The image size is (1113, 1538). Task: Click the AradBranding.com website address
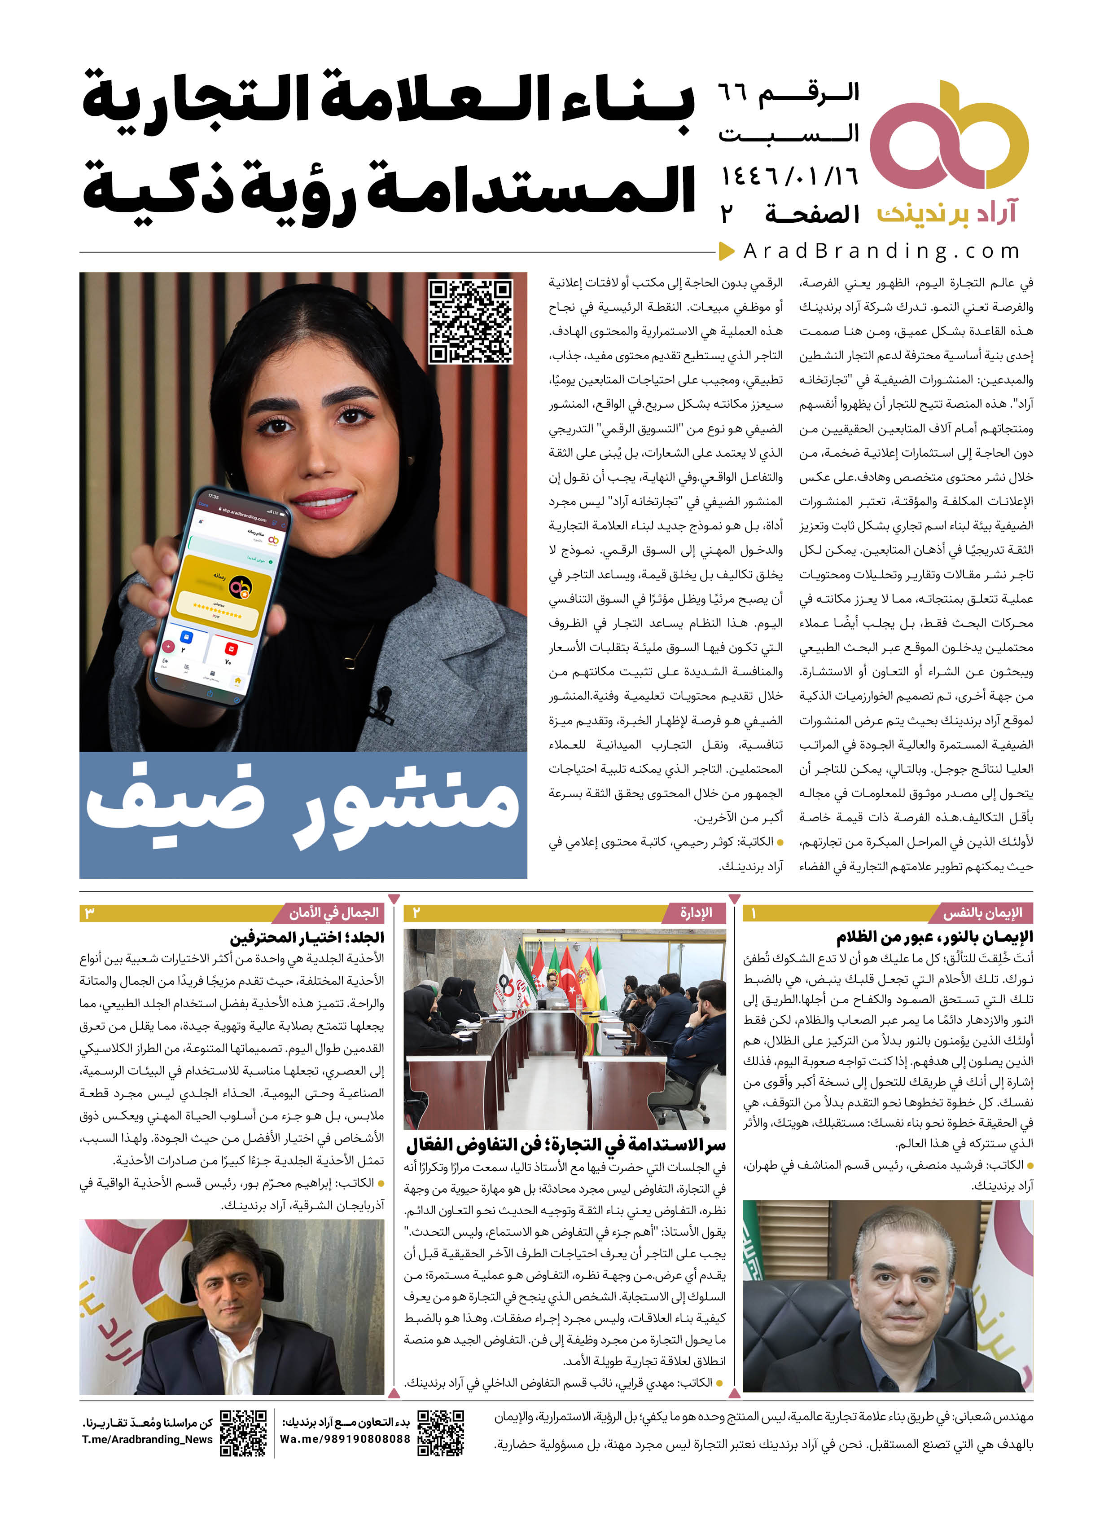tap(881, 251)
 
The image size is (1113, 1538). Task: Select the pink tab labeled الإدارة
tap(696, 913)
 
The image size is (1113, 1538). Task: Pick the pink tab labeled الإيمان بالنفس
tap(982, 913)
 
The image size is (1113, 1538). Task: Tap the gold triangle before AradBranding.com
tap(727, 251)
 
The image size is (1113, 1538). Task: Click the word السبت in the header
tap(789, 133)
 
